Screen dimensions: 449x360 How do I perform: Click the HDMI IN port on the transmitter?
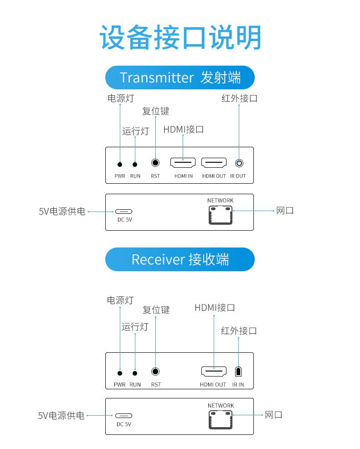183,162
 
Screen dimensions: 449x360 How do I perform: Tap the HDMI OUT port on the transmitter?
214,162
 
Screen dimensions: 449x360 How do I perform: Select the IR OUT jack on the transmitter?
238,163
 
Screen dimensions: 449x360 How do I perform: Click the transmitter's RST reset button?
156,163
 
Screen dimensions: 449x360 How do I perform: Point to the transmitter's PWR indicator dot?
120,164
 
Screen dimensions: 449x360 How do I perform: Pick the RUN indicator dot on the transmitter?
135,164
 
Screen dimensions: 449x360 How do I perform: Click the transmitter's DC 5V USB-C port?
124,212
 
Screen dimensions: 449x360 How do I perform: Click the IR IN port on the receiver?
238,372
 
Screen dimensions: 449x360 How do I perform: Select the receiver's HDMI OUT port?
214,372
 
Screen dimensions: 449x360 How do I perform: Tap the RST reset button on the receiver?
156,372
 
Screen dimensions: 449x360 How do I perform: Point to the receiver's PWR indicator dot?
120,373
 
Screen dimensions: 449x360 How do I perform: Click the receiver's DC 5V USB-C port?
124,416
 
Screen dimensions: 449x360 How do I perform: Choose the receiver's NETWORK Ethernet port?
221,419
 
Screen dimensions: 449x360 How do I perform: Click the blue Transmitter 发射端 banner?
180,77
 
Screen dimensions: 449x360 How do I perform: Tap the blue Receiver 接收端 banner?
180,259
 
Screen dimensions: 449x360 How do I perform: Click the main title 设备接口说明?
180,37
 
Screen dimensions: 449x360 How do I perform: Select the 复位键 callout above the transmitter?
155,111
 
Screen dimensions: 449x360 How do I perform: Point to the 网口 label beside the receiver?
273,415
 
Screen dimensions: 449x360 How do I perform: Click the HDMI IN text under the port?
183,176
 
